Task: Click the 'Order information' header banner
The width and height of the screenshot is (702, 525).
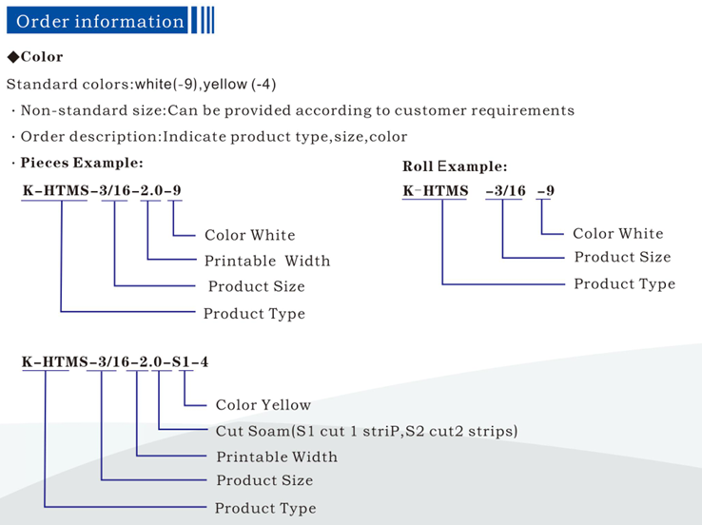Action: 101,21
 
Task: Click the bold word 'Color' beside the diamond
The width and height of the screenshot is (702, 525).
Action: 42,57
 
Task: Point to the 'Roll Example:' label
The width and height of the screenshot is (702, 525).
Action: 455,166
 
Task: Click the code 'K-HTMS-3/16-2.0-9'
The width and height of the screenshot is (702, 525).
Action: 102,190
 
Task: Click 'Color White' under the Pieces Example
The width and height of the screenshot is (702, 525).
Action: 249,235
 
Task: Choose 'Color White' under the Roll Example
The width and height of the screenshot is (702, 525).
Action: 617,233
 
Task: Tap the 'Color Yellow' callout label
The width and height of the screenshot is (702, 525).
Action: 263,405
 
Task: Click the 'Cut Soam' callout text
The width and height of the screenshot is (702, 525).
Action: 366,431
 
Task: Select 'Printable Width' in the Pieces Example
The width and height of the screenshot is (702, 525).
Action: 267,261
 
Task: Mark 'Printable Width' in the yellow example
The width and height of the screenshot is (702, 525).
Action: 277,457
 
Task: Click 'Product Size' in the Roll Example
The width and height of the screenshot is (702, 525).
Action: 622,258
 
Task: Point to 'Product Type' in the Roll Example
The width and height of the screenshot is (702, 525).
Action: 624,283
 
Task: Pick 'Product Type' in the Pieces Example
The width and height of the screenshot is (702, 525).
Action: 254,313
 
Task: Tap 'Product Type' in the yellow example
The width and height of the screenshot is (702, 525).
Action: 265,508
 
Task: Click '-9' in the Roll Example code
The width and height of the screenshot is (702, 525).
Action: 546,191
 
